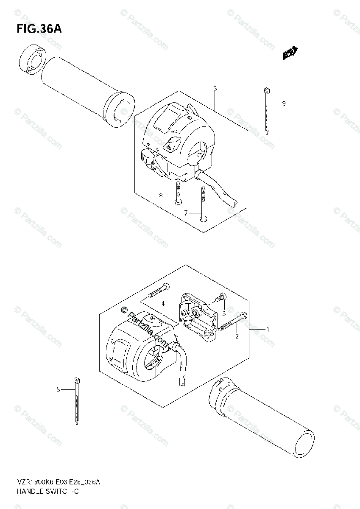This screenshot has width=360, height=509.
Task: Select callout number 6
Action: point(215,88)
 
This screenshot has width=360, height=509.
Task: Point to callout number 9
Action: point(284,103)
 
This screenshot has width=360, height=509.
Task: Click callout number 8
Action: point(161,195)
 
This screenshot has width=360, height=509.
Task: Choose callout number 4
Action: point(162,303)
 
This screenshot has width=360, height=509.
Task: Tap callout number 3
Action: point(224,313)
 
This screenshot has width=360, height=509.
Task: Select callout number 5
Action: point(58,389)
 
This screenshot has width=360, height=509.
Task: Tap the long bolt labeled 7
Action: point(203,204)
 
